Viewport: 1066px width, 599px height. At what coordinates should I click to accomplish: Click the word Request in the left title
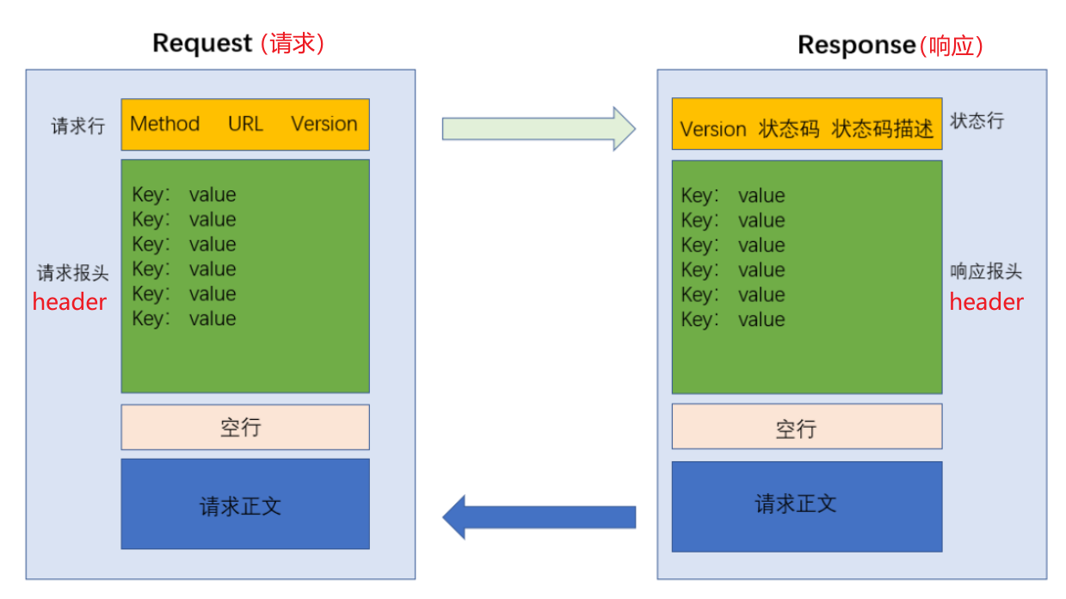(202, 43)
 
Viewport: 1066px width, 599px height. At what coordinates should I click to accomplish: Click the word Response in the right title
(857, 45)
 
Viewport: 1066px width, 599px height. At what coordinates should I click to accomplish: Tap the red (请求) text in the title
(293, 43)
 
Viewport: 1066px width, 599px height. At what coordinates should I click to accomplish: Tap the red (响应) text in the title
(951, 46)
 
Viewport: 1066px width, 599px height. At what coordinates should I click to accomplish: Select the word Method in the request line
(164, 124)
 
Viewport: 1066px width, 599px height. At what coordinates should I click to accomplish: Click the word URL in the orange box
(245, 124)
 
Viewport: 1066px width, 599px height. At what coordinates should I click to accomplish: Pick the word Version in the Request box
(323, 124)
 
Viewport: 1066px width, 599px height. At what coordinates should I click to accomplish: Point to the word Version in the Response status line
(712, 130)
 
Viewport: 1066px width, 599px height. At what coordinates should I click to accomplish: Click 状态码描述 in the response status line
(883, 130)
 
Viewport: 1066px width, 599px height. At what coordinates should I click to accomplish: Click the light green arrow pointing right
(539, 128)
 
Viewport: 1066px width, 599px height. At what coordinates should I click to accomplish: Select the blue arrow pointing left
(539, 517)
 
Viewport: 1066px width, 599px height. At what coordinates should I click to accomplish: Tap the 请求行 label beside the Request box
(77, 126)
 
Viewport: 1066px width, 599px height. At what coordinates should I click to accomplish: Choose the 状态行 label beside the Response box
(977, 120)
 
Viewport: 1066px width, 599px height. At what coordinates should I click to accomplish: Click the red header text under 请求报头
(70, 302)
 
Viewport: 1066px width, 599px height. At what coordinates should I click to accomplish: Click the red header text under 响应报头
(986, 302)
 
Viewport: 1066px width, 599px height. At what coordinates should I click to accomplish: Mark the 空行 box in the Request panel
(244, 428)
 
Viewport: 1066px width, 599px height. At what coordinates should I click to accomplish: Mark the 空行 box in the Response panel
(806, 427)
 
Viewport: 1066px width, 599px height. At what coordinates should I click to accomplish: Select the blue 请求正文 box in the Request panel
(244, 504)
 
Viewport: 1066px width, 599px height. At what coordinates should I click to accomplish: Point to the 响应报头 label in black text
(986, 272)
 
